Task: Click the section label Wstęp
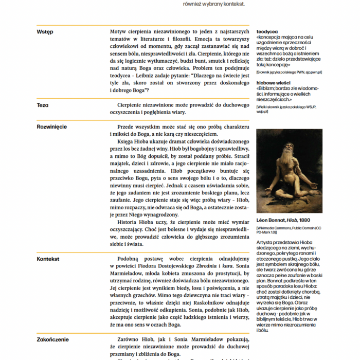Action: [x=45, y=32]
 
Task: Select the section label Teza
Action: [x=43, y=105]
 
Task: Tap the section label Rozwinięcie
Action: [x=52, y=127]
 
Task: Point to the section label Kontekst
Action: [x=48, y=259]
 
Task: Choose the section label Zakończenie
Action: [x=53, y=339]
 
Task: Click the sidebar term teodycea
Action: [x=267, y=31]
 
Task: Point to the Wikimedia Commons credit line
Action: [x=288, y=229]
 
